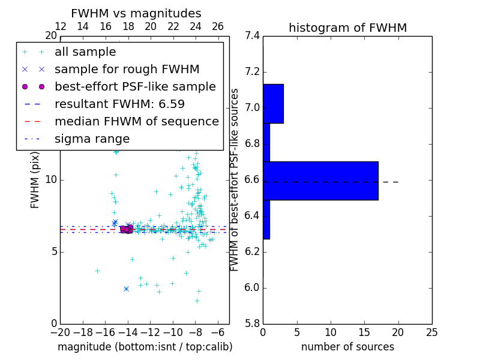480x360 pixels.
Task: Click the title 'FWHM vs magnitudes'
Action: tap(136, 13)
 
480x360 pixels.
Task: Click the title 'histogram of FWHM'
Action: tap(347, 28)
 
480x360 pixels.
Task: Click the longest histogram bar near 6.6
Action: tap(320, 181)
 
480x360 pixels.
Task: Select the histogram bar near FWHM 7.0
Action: tap(273, 104)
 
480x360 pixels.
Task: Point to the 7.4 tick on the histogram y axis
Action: tap(253, 36)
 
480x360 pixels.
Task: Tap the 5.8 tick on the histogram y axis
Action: tap(253, 323)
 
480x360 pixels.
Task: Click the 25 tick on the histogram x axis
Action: tap(431, 332)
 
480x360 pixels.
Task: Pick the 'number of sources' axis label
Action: tap(347, 347)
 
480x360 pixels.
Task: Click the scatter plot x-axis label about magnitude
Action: tap(145, 347)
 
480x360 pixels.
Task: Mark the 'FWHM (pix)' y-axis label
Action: tap(35, 181)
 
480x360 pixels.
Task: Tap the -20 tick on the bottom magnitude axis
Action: tap(60, 332)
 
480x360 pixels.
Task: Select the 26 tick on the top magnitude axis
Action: tap(218, 26)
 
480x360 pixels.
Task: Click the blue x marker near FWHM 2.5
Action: tap(126, 289)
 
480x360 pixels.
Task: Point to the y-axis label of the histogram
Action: tap(235, 180)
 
